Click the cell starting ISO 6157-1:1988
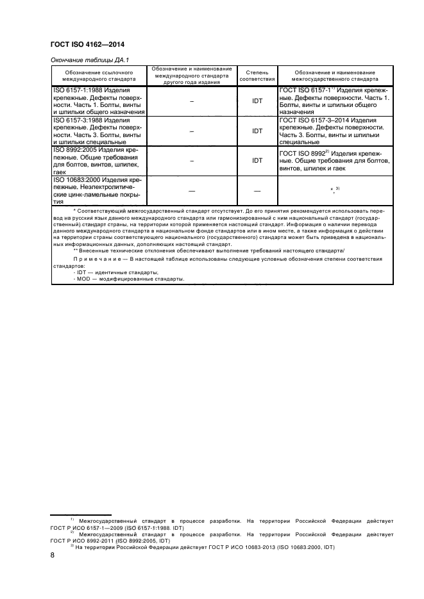pos(98,101)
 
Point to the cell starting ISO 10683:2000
pos(98,189)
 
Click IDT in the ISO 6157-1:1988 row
pos(257,101)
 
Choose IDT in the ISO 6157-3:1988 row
pos(257,131)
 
